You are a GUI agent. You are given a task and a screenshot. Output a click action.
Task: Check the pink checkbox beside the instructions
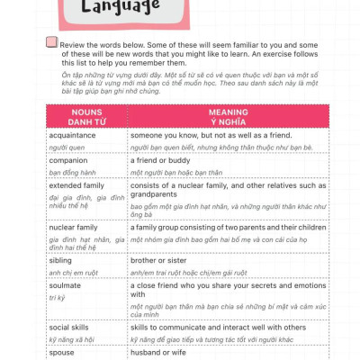tap(50, 42)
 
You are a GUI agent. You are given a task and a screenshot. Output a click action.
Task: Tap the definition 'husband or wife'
tap(166, 353)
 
